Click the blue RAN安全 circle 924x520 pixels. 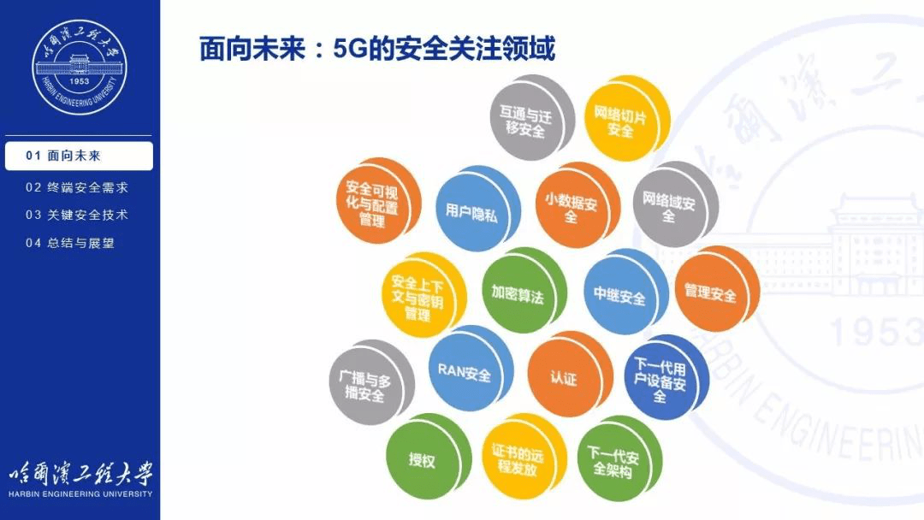[465, 374]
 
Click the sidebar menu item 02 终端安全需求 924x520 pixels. [77, 187]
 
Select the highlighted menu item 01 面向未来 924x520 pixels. [79, 157]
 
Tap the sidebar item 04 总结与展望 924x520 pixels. [70, 243]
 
